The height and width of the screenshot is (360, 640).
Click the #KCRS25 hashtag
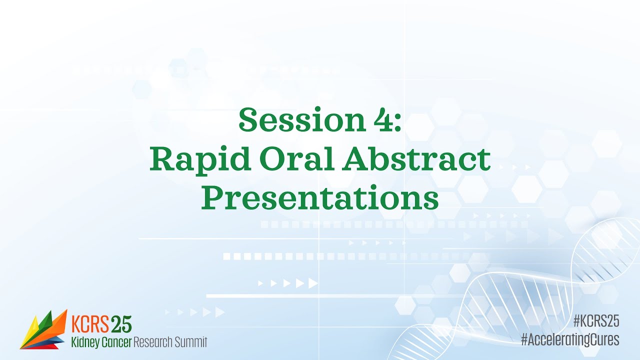(x=596, y=321)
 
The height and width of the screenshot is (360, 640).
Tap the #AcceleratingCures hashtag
(x=570, y=340)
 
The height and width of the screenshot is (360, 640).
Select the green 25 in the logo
(x=121, y=324)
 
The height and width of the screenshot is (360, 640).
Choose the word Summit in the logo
(x=191, y=342)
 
